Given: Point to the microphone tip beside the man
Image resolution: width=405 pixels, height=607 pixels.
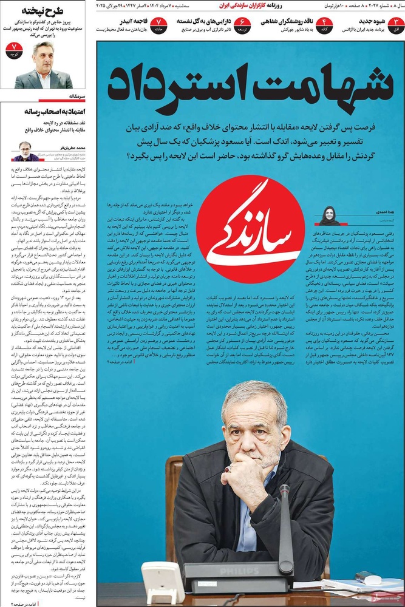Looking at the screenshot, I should coord(284,489).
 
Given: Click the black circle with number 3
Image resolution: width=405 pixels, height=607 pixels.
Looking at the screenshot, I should coord(395,25).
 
